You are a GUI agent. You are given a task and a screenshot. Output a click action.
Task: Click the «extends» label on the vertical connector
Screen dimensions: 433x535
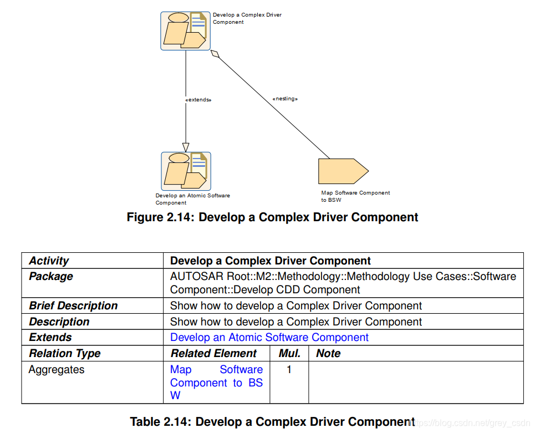(198, 100)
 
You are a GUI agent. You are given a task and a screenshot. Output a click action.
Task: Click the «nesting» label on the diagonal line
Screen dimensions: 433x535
(285, 99)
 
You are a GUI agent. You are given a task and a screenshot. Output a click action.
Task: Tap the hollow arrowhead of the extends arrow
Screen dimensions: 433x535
(186, 147)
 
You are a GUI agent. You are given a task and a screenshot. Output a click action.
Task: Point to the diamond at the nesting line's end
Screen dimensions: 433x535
(216, 54)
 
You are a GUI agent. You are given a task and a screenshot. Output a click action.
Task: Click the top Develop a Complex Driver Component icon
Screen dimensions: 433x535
(185, 30)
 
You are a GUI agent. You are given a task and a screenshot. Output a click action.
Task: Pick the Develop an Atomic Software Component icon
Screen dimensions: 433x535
(186, 171)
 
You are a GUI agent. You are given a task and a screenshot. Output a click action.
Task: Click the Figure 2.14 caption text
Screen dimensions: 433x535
(272, 217)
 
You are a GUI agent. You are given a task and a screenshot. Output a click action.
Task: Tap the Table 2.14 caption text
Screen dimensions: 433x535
(272, 421)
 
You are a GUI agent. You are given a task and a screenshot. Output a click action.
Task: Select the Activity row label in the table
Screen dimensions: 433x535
(49, 261)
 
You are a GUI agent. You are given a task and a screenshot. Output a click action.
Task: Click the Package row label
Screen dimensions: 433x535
(51, 276)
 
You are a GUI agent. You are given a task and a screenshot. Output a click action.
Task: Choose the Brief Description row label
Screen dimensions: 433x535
(73, 305)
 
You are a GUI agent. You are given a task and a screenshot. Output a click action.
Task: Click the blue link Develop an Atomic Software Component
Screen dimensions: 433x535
(269, 337)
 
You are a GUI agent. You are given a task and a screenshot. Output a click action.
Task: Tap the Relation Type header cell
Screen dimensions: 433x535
(65, 353)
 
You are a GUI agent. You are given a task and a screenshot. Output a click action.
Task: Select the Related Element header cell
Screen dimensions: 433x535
(213, 353)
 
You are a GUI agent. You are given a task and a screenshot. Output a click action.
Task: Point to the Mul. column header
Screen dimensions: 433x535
(289, 353)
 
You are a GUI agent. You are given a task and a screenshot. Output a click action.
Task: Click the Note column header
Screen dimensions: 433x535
(328, 353)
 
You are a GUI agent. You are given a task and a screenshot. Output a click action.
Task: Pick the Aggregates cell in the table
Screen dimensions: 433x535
(57, 369)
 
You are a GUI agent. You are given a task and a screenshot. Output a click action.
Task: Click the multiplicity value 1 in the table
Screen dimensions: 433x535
(289, 369)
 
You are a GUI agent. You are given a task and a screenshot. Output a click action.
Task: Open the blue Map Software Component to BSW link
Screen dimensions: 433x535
(216, 382)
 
